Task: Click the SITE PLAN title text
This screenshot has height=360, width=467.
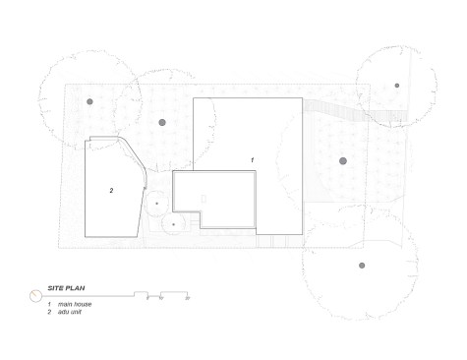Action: pyautogui.click(x=66, y=288)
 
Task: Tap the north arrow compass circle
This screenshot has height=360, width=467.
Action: pyautogui.click(x=35, y=296)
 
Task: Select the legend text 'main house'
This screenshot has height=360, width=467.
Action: pyautogui.click(x=75, y=304)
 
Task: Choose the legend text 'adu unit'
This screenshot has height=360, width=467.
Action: pyautogui.click(x=70, y=312)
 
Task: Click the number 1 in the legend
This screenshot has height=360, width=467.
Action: pyautogui.click(x=49, y=304)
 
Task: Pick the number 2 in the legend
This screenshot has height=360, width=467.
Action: pyautogui.click(x=49, y=312)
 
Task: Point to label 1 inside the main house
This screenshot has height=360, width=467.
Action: pyautogui.click(x=252, y=160)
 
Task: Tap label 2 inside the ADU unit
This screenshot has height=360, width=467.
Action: pyautogui.click(x=111, y=191)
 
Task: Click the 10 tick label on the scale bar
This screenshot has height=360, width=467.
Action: pyautogui.click(x=161, y=298)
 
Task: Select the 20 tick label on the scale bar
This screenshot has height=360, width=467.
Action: pyautogui.click(x=188, y=298)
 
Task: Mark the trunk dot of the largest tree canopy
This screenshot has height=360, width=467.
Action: pyautogui.click(x=362, y=266)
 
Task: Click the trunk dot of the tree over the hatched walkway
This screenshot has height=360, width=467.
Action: pyautogui.click(x=397, y=86)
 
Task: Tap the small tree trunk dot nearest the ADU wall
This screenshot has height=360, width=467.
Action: pyautogui.click(x=156, y=204)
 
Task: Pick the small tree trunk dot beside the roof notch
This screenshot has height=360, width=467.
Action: pyautogui.click(x=173, y=224)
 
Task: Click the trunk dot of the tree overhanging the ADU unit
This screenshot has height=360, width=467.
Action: pyautogui.click(x=89, y=101)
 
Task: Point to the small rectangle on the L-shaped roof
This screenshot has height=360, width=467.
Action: pyautogui.click(x=204, y=199)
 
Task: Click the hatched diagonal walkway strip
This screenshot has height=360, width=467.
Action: pyautogui.click(x=356, y=111)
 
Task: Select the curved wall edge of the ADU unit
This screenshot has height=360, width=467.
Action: pyautogui.click(x=133, y=152)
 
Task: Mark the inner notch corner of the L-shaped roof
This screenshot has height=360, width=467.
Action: pyautogui.click(x=201, y=211)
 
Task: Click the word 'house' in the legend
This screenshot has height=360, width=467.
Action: pyautogui.click(x=83, y=304)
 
